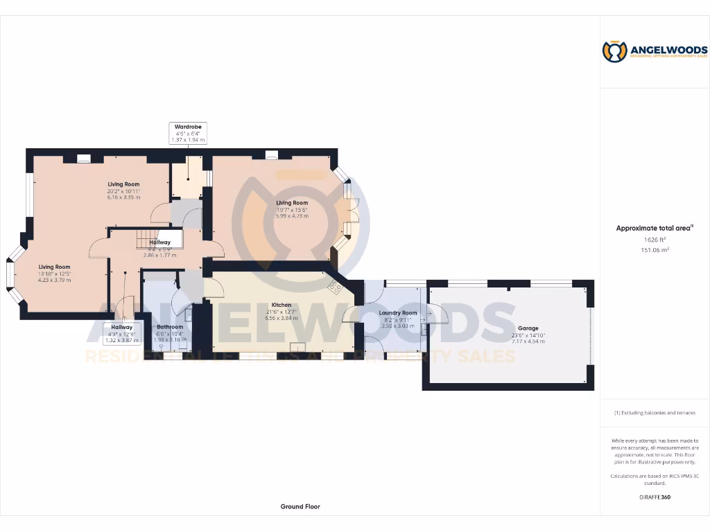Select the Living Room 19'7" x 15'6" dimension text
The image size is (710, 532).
(x=291, y=209)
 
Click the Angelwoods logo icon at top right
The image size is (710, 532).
(x=614, y=51)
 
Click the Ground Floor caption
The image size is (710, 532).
(x=300, y=506)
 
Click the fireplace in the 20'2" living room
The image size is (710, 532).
(x=84, y=158)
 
